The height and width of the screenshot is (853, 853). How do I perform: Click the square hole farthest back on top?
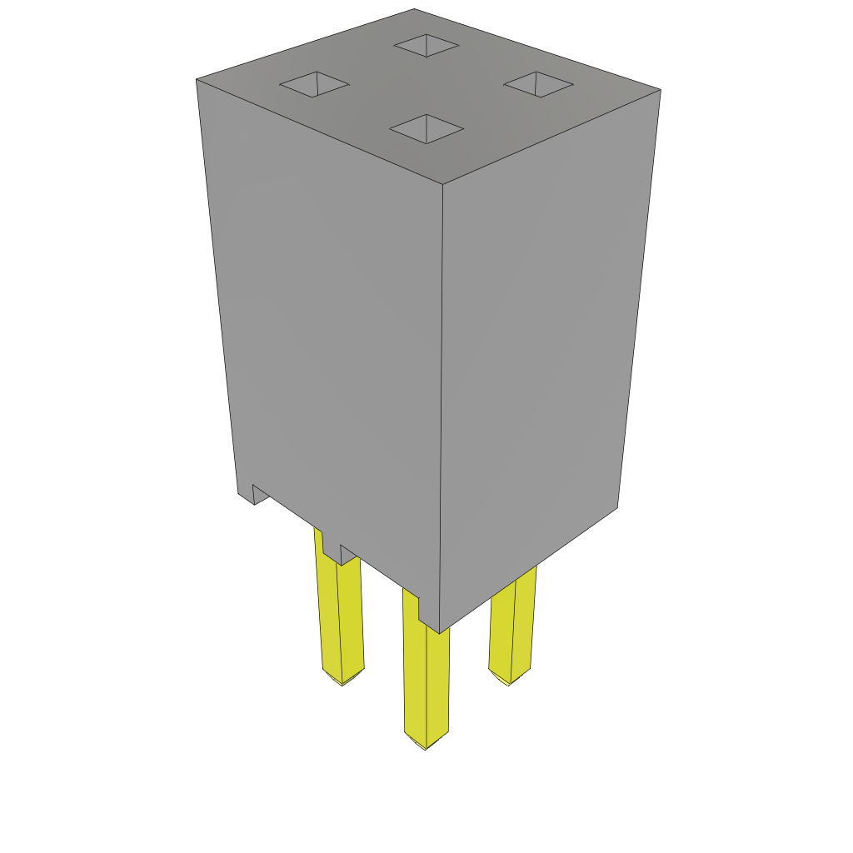(426, 45)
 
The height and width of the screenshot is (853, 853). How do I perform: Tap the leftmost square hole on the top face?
(314, 84)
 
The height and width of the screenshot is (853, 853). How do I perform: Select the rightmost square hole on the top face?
(538, 83)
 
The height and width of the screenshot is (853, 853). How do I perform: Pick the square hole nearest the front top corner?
(426, 128)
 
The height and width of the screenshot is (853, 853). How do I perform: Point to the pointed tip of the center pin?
(426, 746)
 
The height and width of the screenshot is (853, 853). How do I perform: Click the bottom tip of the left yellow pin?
(342, 682)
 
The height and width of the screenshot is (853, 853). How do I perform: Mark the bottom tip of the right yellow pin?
(508, 683)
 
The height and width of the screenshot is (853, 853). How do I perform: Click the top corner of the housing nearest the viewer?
(442, 184)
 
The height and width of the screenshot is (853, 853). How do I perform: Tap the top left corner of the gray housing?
(197, 81)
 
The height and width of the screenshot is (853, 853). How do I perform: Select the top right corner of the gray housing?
(659, 90)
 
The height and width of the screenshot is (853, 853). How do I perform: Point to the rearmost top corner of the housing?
(414, 10)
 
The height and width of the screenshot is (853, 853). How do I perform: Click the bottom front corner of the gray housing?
(439, 632)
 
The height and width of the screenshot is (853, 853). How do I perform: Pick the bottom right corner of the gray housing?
(616, 506)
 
